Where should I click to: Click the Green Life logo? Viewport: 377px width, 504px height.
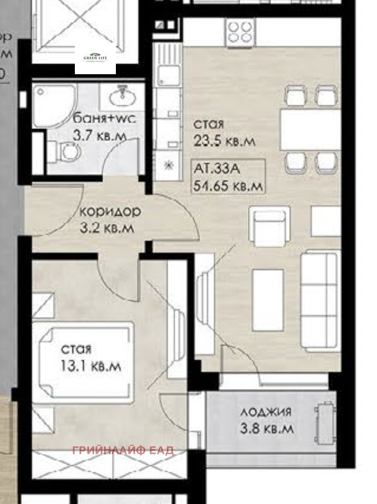[95, 58]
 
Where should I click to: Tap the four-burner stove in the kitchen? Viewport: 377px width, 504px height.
[240, 33]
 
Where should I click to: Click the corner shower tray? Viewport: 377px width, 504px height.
[53, 105]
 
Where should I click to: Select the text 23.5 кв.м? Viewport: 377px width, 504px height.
[225, 141]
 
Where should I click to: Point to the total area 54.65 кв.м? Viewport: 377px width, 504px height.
[227, 186]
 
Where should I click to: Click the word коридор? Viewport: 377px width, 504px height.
[110, 212]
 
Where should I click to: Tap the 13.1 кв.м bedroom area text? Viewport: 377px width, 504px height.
[91, 366]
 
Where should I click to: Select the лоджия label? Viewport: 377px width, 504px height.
[266, 412]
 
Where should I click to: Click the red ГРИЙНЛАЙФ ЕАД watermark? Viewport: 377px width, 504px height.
[123, 450]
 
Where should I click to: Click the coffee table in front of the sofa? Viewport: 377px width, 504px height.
[268, 300]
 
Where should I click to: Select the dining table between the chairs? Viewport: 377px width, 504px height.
[310, 129]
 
